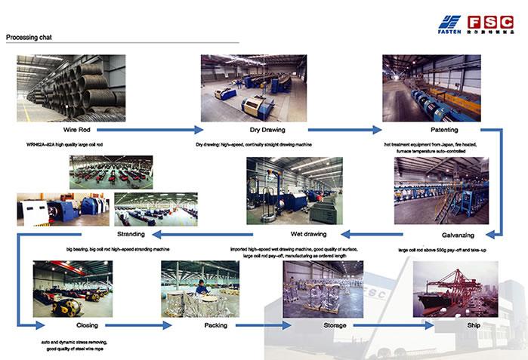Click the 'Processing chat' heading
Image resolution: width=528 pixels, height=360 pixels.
point(26,36)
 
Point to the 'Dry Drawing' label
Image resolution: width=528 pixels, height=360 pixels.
point(254,130)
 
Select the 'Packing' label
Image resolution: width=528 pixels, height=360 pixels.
point(215,325)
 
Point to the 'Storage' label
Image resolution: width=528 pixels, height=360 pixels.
point(335,325)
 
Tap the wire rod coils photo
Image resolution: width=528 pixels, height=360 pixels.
point(71,88)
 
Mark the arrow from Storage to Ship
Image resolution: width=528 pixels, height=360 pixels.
point(397,325)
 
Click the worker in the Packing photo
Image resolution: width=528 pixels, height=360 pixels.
point(201,288)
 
